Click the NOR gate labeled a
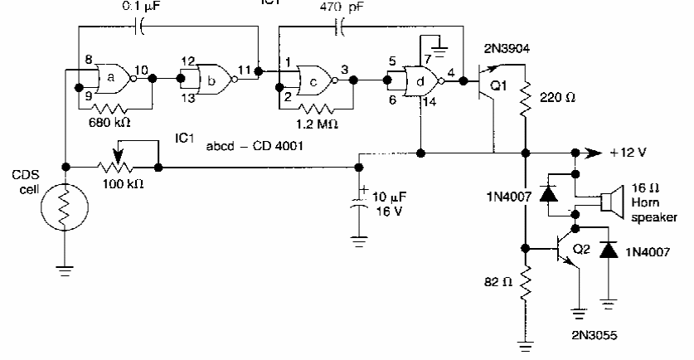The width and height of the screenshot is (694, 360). (114, 78)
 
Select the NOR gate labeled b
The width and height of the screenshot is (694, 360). (215, 80)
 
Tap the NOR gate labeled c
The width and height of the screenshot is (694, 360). (315, 80)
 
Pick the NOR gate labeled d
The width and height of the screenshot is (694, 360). (420, 81)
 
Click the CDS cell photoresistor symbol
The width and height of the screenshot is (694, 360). (65, 207)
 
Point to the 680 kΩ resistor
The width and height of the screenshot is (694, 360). (109, 108)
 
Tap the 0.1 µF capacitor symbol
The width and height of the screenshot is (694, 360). (138, 27)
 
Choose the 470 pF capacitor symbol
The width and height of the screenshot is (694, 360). (339, 27)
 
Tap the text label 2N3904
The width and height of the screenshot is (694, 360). (507, 49)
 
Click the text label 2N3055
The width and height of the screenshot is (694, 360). (594, 335)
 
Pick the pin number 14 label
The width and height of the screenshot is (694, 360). (429, 102)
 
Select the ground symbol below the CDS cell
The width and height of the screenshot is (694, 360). (65, 270)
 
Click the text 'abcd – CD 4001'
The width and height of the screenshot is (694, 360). (255, 146)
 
